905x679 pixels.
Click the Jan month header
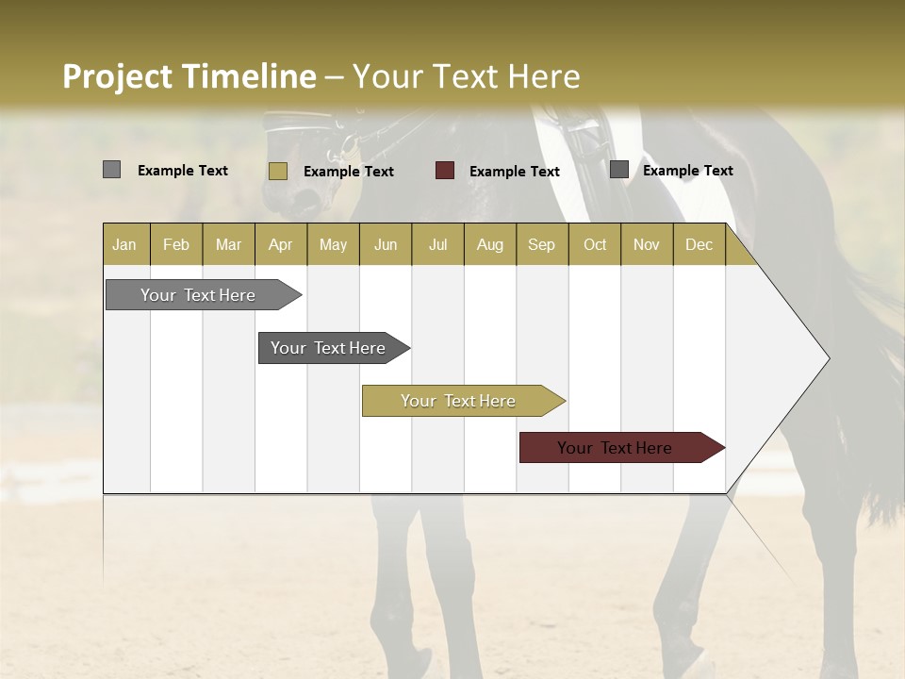125,244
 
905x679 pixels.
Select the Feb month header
176,244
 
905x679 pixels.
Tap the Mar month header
228,244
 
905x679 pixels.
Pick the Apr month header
281,244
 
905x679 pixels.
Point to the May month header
333,244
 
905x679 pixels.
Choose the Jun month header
386,244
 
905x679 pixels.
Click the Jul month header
437,244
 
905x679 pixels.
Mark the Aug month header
490,244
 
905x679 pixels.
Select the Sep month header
542,244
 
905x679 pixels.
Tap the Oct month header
595,244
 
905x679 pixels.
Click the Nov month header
647,244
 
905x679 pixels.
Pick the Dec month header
699,244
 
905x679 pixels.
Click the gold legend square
278,171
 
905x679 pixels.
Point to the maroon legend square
445,171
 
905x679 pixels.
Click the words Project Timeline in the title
189,75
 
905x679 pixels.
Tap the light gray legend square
112,170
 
